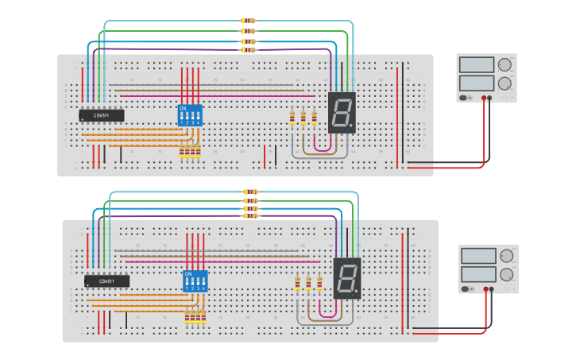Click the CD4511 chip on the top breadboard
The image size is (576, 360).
101,115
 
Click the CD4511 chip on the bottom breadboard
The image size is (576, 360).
106,281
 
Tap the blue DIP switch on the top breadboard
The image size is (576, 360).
190,116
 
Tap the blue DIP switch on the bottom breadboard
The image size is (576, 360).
195,281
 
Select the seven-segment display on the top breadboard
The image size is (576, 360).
342,112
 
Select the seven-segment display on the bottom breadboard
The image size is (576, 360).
346,278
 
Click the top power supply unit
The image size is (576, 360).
486,78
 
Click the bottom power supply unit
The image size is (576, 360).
488,269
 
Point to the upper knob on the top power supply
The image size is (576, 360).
504,65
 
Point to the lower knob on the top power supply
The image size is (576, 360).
504,83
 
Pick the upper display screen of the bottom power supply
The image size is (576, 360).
478,256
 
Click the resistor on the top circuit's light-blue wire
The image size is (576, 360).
249,21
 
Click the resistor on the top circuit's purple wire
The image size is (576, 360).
249,49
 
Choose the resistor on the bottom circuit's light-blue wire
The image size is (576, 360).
251,192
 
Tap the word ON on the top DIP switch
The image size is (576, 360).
183,108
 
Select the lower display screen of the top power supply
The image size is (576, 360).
477,83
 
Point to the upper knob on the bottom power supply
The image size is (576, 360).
506,256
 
